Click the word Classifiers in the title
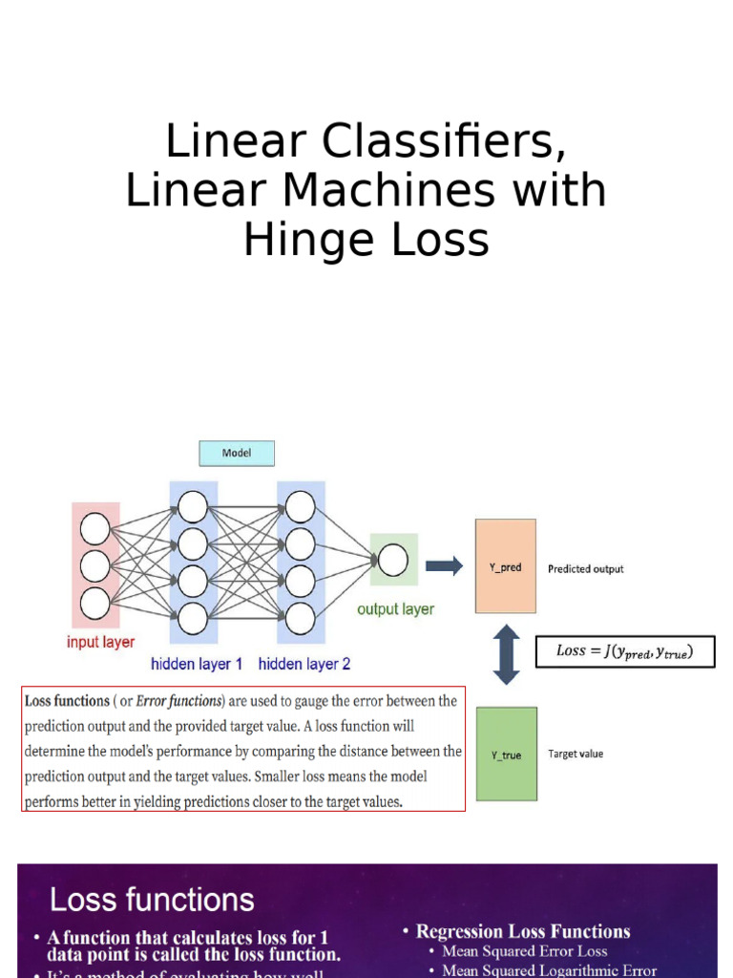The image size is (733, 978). (x=438, y=142)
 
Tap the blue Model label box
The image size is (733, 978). (x=237, y=453)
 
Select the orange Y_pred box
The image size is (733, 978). (x=506, y=566)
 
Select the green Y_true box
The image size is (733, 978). (x=506, y=754)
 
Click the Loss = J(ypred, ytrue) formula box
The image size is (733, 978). (x=623, y=651)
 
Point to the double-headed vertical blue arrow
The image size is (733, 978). (x=506, y=655)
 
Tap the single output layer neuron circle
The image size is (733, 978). (x=392, y=560)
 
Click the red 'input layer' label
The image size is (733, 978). (x=100, y=642)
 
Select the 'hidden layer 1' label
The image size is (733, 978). (x=197, y=663)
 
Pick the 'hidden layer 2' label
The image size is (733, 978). (x=304, y=663)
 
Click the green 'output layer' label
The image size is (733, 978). (x=395, y=608)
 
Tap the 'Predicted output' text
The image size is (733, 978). (x=585, y=568)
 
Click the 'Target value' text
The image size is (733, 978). (x=576, y=754)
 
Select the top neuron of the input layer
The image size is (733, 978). (x=95, y=528)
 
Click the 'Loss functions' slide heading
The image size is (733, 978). (x=152, y=899)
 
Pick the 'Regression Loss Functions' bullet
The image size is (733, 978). (x=523, y=931)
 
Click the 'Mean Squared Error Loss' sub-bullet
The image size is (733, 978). (x=524, y=951)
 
